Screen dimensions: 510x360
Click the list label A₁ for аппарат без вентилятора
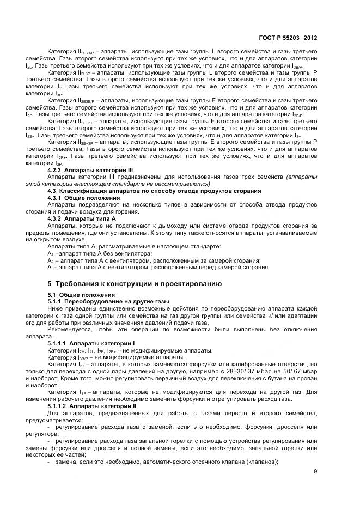click(x=51, y=254)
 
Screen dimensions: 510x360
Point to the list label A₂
click(x=51, y=260)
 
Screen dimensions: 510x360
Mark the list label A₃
click(x=51, y=268)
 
